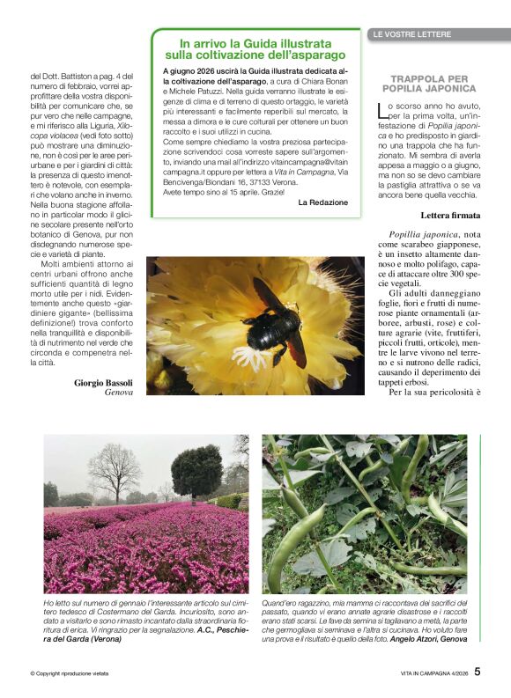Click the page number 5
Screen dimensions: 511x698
click(478, 671)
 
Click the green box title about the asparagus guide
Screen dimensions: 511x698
click(255, 48)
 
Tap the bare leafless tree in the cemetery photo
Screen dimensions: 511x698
click(114, 470)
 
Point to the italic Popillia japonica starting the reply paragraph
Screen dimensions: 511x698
click(422, 235)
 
